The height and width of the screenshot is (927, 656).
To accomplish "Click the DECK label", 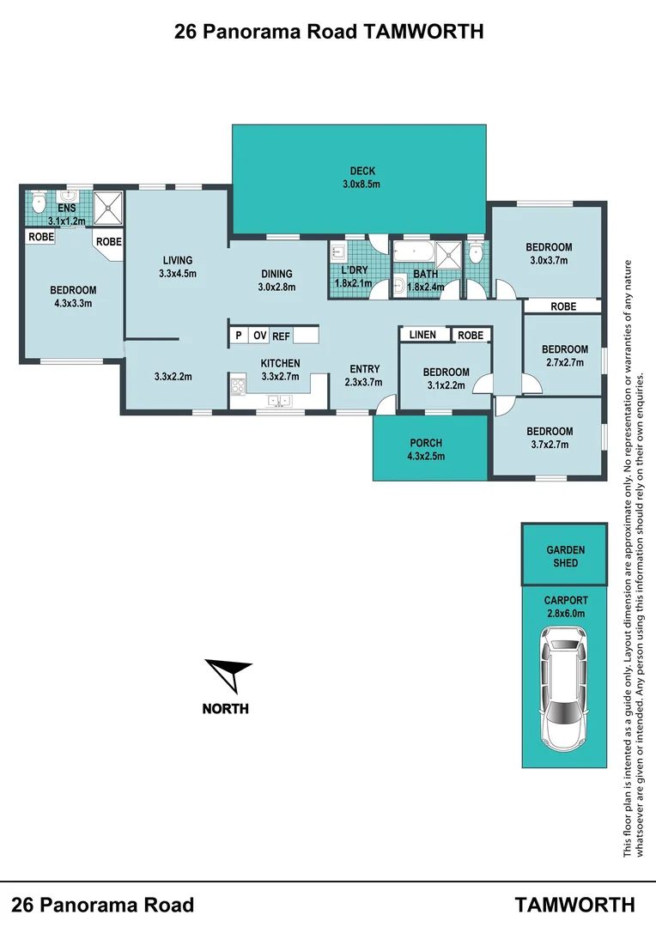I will (x=361, y=171).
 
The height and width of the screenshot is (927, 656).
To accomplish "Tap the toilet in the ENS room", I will (x=38, y=203).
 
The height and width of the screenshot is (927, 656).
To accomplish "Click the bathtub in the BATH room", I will (x=413, y=252).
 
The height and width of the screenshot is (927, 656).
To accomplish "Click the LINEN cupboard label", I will (x=422, y=335).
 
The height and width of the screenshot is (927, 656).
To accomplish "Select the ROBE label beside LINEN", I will (x=470, y=335).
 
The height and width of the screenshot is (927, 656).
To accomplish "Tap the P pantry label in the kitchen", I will (x=237, y=336).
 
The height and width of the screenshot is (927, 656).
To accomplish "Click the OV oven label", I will (x=259, y=336).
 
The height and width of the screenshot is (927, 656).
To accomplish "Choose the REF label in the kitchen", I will (x=282, y=336).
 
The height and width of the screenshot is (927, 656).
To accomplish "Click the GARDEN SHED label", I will (x=565, y=556).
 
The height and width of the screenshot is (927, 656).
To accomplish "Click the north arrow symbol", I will (x=228, y=673).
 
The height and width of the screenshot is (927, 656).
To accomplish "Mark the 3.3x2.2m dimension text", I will (x=173, y=376).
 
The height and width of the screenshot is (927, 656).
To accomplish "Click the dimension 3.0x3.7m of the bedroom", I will (x=549, y=260).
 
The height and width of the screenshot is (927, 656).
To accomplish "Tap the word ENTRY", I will (x=364, y=369).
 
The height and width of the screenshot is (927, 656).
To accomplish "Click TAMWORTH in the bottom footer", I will (x=574, y=905).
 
